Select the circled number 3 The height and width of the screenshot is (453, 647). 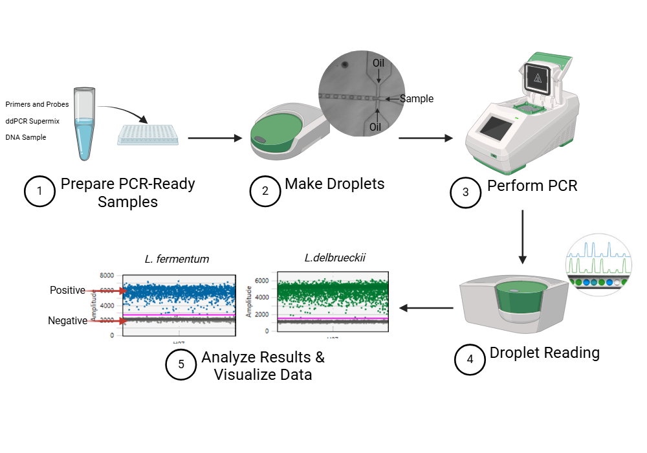click(466, 192)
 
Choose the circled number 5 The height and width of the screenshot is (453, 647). click(181, 364)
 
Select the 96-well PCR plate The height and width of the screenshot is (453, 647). click(148, 135)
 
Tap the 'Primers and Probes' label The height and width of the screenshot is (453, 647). click(37, 104)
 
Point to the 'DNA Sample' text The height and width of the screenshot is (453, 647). click(26, 137)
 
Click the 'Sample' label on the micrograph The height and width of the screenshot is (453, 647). click(416, 99)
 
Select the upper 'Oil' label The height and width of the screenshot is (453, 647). click(378, 63)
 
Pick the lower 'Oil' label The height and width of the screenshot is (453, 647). click(375, 127)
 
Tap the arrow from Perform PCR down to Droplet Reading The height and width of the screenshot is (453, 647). click(522, 237)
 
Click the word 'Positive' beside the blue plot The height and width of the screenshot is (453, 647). click(67, 291)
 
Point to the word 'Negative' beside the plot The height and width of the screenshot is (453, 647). click(67, 320)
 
